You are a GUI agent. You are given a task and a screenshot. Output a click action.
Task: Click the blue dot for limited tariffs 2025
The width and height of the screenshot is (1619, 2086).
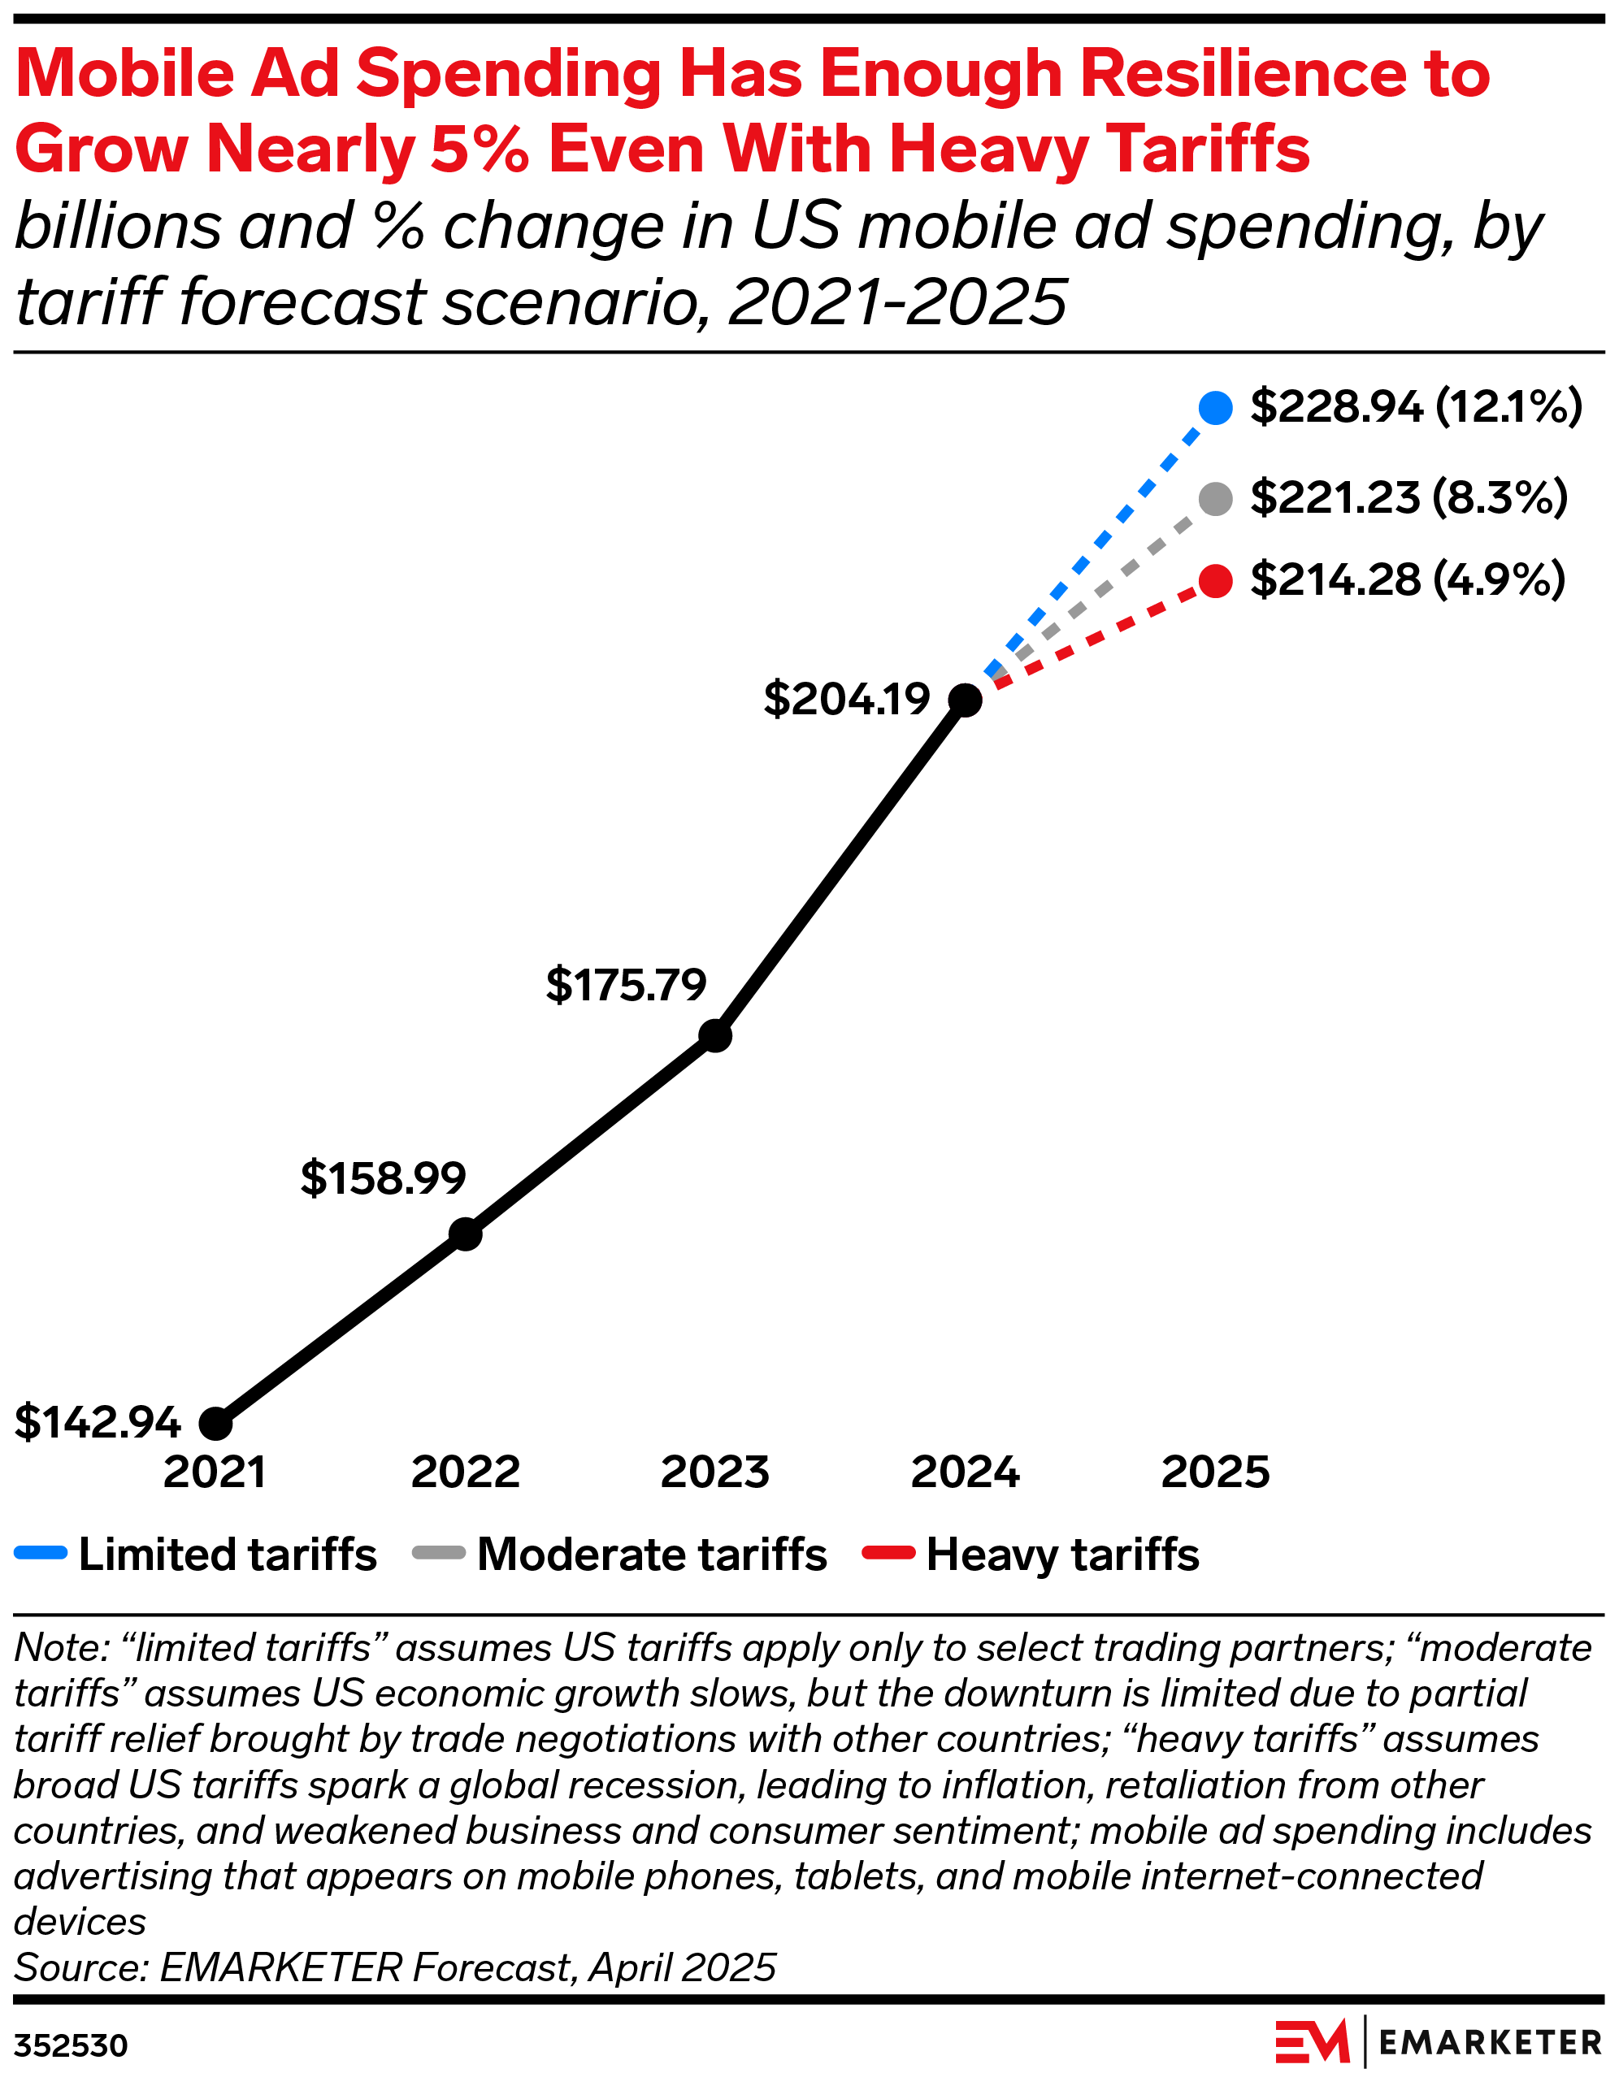coord(1215,408)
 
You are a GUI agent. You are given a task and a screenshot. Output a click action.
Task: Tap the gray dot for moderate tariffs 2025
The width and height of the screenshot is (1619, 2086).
coord(1215,499)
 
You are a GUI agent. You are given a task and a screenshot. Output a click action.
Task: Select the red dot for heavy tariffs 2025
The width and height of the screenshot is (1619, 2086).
coord(1215,581)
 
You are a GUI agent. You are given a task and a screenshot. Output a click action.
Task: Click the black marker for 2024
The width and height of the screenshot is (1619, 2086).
coord(966,700)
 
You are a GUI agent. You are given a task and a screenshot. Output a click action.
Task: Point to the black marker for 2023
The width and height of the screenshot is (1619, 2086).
coord(715,1035)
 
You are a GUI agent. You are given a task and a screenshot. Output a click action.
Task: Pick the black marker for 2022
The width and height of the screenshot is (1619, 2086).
coord(465,1234)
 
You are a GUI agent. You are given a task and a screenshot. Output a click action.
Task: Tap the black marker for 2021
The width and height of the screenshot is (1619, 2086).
coord(216,1423)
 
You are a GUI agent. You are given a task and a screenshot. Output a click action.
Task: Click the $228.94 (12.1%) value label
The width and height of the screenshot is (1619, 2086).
coord(1416,407)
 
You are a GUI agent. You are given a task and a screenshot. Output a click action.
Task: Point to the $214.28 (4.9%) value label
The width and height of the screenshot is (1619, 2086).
coord(1407,579)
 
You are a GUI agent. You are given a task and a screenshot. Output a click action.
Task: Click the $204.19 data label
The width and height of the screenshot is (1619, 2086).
coord(846,699)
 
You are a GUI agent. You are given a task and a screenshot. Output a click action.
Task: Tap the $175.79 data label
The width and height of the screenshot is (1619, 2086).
coord(626,985)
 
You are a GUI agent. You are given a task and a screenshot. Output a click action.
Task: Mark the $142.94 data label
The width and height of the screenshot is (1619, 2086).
coord(98,1422)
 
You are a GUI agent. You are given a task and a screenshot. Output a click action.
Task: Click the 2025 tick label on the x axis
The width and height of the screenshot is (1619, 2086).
coord(1215,1472)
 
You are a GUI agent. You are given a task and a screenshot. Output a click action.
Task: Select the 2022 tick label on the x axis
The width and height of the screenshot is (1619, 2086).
coord(465,1472)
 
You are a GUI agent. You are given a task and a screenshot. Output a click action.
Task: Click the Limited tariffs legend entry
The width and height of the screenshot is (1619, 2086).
coord(196,1555)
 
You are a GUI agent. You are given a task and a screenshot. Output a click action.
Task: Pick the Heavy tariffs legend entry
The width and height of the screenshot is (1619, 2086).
coord(1031,1555)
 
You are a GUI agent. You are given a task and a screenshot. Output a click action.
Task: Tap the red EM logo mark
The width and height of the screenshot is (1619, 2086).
coord(1312,2043)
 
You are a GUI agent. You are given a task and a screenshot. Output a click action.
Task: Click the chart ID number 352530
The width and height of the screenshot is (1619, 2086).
coord(71,2046)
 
